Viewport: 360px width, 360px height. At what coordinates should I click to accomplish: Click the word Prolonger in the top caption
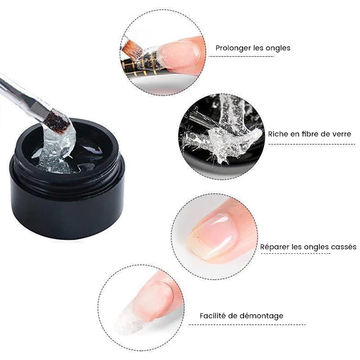[233, 48]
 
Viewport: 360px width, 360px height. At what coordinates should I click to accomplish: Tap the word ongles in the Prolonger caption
[278, 48]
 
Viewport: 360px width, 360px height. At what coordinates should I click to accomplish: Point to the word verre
[341, 134]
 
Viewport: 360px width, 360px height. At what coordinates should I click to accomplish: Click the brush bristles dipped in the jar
[57, 122]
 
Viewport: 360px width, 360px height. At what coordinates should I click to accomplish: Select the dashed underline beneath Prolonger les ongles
[241, 56]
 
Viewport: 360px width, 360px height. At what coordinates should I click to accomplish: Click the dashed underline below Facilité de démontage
[247, 325]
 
